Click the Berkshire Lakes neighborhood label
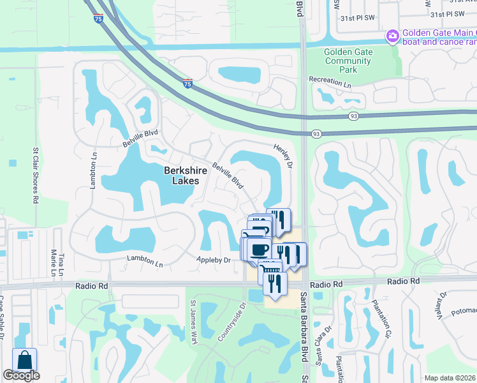tap(182, 176)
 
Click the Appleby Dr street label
tap(213, 260)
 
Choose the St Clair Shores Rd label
tap(35, 174)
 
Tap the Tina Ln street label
tap(61, 260)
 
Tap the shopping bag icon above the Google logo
tap(24, 360)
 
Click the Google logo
tap(21, 376)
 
